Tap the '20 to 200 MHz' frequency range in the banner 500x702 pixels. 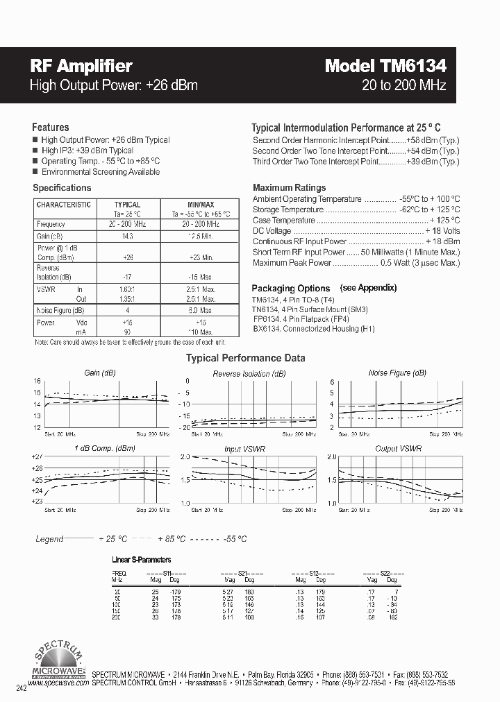point(403,85)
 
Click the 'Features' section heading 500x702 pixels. point(51,128)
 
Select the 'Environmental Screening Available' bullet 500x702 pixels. point(100,172)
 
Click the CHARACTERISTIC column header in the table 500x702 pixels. point(63,205)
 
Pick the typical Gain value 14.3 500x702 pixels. point(127,236)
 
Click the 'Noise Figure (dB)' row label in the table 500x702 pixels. point(60,310)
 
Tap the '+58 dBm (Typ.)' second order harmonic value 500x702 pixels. point(432,140)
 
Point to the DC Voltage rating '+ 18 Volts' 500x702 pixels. point(442,231)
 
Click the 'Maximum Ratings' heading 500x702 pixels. point(289,187)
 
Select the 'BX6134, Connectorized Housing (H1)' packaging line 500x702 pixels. point(314,329)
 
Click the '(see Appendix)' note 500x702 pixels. point(368,287)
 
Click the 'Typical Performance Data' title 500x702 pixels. point(245,359)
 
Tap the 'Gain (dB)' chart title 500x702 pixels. point(99,373)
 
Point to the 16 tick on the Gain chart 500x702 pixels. point(37,382)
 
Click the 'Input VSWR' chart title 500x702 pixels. point(244,449)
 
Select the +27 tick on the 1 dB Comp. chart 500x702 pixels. point(37,456)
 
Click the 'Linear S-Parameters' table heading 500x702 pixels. point(141,559)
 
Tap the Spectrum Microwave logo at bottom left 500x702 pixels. point(59,664)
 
